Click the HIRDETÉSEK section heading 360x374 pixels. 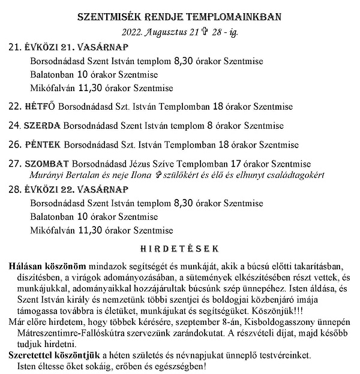[179, 248]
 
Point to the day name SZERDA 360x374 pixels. [43, 126]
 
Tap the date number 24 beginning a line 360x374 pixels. [14, 126]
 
